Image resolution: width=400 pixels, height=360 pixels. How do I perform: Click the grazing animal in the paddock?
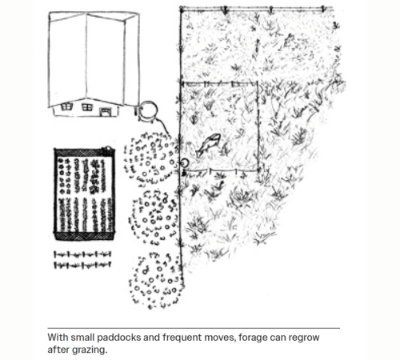pyautogui.click(x=209, y=146)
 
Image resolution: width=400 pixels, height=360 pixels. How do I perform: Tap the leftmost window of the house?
pyautogui.click(x=66, y=107)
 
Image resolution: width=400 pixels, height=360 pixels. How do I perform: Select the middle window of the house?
pyautogui.click(x=87, y=107)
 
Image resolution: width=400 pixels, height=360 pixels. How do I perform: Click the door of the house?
pyautogui.click(x=105, y=112)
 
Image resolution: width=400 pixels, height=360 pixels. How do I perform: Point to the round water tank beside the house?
pyautogui.click(x=148, y=111)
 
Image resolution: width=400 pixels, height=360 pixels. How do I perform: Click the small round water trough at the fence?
pyautogui.click(x=185, y=162)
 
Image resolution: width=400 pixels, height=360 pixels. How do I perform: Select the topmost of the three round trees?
pyautogui.click(x=150, y=158)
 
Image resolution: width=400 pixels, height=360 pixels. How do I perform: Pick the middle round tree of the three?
pyautogui.click(x=154, y=217)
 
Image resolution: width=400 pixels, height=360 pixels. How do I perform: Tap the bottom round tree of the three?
pyautogui.click(x=156, y=281)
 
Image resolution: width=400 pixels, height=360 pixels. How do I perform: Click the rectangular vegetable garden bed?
pyautogui.click(x=85, y=194)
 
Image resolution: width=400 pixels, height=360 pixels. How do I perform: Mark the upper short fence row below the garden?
pyautogui.click(x=82, y=255)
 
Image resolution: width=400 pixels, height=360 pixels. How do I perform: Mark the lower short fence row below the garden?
pyautogui.click(x=82, y=265)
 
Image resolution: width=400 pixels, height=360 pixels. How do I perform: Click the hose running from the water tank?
pyautogui.click(x=163, y=126)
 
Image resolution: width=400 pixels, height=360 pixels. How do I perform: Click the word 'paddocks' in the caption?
pyautogui.click(x=118, y=338)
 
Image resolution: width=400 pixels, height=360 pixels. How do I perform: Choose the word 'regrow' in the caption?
pyautogui.click(x=304, y=338)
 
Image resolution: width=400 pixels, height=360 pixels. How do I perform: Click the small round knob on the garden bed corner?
pyautogui.click(x=108, y=149)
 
